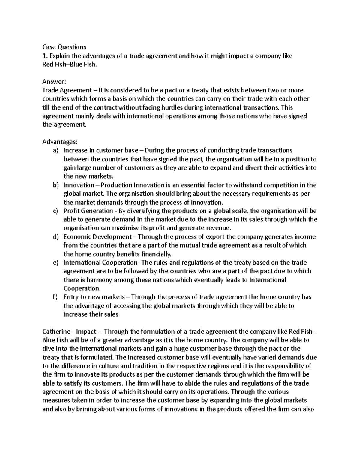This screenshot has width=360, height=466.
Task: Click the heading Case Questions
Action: [x=64, y=47]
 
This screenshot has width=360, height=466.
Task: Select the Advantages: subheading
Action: [x=60, y=142]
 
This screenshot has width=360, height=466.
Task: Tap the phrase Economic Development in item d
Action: [x=97, y=237]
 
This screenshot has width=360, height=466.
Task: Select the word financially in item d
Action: [x=156, y=254]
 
